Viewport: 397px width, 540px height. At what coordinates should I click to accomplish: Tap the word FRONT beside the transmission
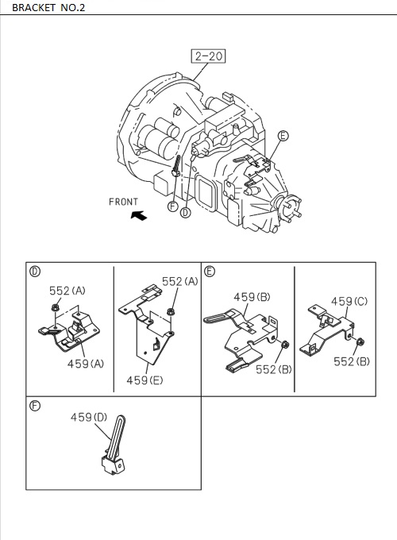(123, 202)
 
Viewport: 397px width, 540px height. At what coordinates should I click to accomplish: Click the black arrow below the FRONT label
(139, 215)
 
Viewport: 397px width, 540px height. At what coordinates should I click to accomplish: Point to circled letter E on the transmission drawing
(283, 137)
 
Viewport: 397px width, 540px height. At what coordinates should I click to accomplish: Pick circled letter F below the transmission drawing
(172, 207)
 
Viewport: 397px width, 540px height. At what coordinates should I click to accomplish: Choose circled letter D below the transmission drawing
(186, 212)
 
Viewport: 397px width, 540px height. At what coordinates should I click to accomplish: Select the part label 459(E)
(145, 380)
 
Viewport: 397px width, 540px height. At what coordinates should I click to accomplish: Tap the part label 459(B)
(252, 297)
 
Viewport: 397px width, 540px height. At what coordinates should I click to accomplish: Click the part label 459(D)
(90, 416)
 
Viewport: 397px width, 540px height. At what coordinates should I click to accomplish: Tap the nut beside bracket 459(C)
(359, 343)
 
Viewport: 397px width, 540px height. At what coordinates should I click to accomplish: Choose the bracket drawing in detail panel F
(114, 449)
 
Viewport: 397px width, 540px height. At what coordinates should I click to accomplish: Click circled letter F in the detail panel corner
(35, 404)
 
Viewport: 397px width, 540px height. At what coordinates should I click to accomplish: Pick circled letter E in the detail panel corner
(210, 271)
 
